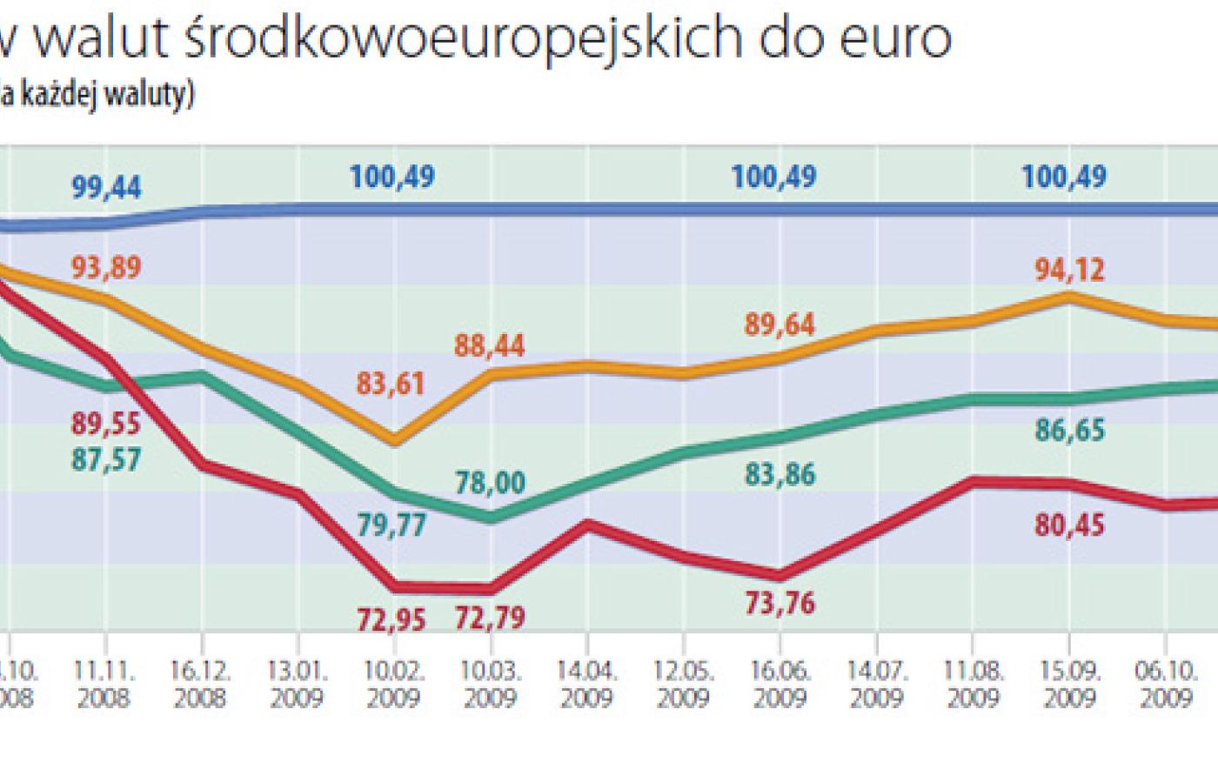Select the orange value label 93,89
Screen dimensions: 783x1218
point(106,268)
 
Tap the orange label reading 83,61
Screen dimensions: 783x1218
point(391,383)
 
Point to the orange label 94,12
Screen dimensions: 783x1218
point(1070,269)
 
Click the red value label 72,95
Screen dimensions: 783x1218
point(391,619)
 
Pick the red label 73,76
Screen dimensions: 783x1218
point(780,602)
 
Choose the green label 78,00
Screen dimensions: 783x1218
point(491,482)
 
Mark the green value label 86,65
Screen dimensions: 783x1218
point(1070,430)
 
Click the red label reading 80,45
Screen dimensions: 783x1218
point(1070,525)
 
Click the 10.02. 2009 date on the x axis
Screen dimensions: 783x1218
point(394,685)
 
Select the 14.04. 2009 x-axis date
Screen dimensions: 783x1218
point(587,685)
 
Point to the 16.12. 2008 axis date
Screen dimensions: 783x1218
point(201,685)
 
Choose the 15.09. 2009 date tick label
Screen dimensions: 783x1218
point(1069,685)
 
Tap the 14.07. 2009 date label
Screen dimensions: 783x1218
point(876,685)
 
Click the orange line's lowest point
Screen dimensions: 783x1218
point(395,441)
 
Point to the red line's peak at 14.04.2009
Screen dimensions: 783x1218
point(588,523)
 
